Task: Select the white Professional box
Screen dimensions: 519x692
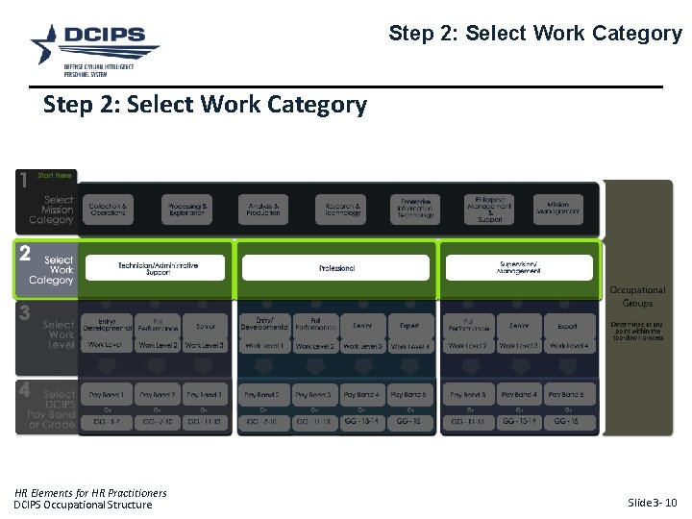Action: (335, 267)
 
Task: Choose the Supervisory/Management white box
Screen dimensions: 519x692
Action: (520, 267)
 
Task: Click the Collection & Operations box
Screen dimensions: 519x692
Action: (108, 210)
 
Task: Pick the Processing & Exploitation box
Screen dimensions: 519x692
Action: (185, 210)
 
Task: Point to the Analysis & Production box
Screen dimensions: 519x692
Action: (263, 210)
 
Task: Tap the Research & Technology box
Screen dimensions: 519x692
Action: (342, 210)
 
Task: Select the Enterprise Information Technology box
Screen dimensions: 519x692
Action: (416, 210)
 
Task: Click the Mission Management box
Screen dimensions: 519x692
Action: (557, 210)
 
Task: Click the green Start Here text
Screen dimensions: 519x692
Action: (55, 176)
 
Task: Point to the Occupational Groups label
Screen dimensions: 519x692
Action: (637, 296)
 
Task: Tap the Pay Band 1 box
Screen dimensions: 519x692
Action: (107, 395)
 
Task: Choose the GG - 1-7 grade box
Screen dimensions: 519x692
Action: (107, 421)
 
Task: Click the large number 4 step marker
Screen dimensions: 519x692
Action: (25, 391)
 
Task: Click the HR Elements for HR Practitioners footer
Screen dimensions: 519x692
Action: (90, 493)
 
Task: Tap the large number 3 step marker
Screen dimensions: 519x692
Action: (25, 313)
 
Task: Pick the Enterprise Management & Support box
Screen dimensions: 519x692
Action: (489, 210)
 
